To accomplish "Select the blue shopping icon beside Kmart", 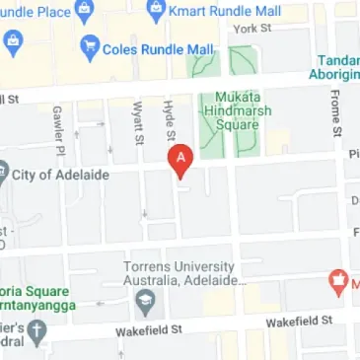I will (155, 13).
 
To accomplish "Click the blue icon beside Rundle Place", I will (13, 43).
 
